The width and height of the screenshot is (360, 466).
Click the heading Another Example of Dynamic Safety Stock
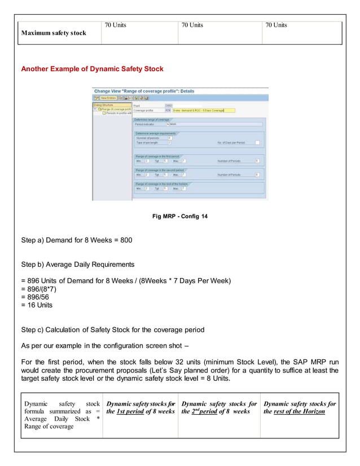click(92, 69)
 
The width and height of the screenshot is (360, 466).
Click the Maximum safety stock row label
click(54, 33)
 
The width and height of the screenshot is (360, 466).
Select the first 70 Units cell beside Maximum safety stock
click(116, 25)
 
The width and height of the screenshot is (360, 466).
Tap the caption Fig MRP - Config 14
click(180, 216)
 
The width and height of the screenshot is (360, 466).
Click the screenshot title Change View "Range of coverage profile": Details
click(144, 91)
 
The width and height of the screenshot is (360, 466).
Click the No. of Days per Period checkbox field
click(257, 142)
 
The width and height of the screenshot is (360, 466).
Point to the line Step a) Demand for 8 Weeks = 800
click(76, 240)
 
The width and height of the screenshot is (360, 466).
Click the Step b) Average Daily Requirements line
click(77, 264)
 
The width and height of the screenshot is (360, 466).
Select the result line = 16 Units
click(37, 305)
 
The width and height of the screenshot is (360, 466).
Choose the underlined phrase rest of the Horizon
click(300, 411)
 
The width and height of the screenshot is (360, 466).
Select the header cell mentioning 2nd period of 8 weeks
click(219, 407)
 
